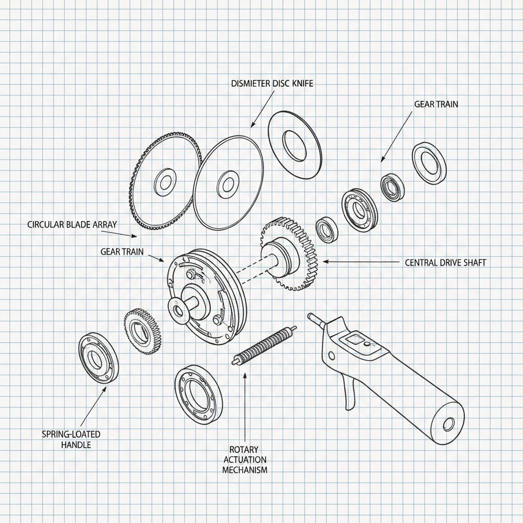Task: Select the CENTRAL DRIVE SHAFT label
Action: (445, 263)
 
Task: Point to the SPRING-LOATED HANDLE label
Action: (71, 439)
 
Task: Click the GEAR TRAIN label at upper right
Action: (436, 104)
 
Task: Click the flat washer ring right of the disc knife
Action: (295, 145)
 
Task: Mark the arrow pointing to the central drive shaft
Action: (358, 261)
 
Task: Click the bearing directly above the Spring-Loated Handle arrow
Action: (98, 358)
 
